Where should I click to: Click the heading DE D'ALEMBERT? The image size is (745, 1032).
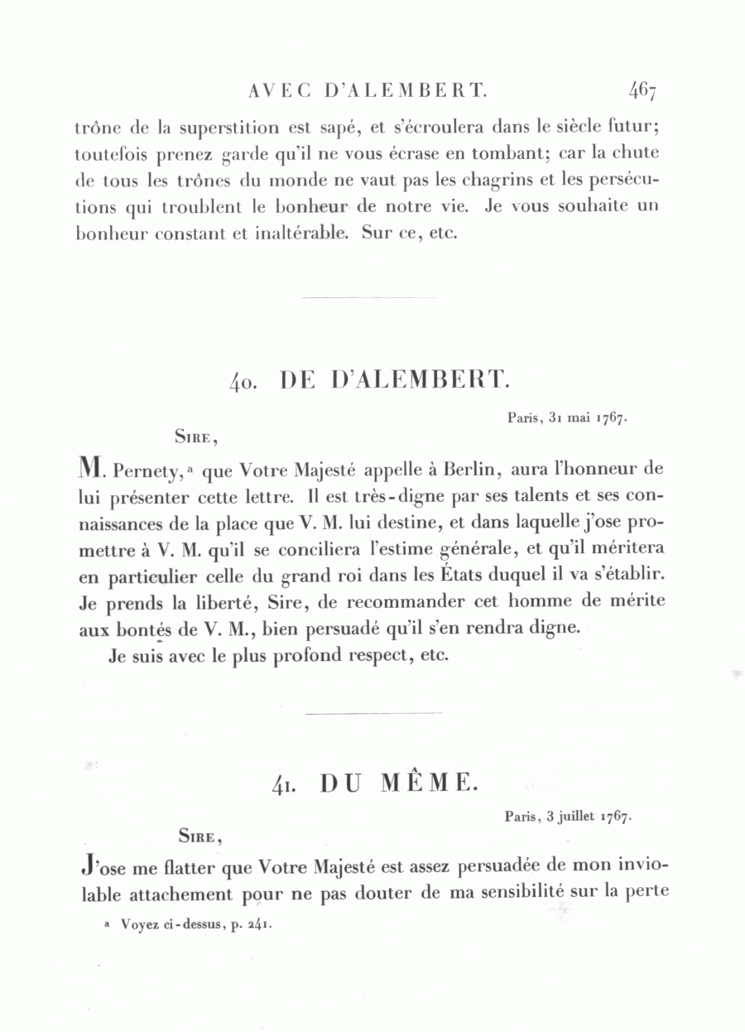396,380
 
